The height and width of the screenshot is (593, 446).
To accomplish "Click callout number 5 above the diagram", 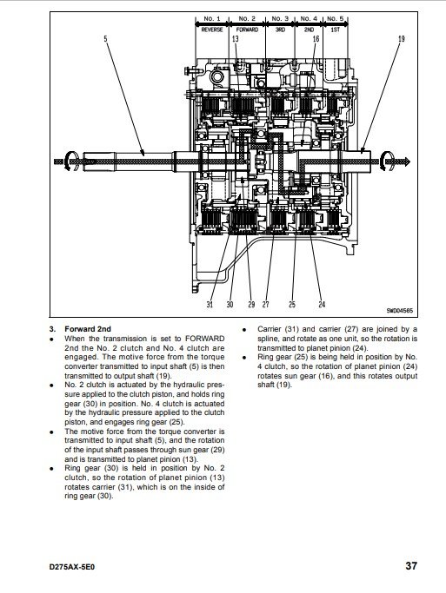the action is pos(106,38).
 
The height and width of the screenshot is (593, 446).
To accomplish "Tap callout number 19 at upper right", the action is pos(402,38).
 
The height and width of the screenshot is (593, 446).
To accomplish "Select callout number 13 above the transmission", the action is pos(235,38).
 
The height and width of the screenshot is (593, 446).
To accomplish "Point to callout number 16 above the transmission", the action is pos(316,38).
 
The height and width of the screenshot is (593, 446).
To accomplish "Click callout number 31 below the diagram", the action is pos(210,304).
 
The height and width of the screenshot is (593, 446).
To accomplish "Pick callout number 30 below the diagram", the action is pos(230,304).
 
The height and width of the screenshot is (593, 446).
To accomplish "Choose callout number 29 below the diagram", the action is pos(251,304).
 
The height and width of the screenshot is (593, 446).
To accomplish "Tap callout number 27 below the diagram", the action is pos(265,304).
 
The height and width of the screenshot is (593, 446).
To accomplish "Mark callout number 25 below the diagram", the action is pos(291,304).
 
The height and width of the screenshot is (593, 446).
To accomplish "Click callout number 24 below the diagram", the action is pos(322,304).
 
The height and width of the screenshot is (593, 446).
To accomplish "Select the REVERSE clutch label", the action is pos(212,30).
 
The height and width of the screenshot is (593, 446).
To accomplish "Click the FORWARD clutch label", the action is pos(247,30).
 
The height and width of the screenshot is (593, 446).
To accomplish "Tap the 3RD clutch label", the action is pos(280,30).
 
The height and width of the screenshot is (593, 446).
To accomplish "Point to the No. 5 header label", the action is pos(336,18).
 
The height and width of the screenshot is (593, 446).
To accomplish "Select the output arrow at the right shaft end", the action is pos(394,161).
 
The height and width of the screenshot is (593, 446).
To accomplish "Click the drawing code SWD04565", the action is pos(400,311).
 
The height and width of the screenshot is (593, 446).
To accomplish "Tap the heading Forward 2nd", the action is pos(88,329).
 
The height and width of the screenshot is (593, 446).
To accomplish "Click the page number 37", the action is pos(411,566).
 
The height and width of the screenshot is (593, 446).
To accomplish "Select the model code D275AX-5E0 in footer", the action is pos(72,567).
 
